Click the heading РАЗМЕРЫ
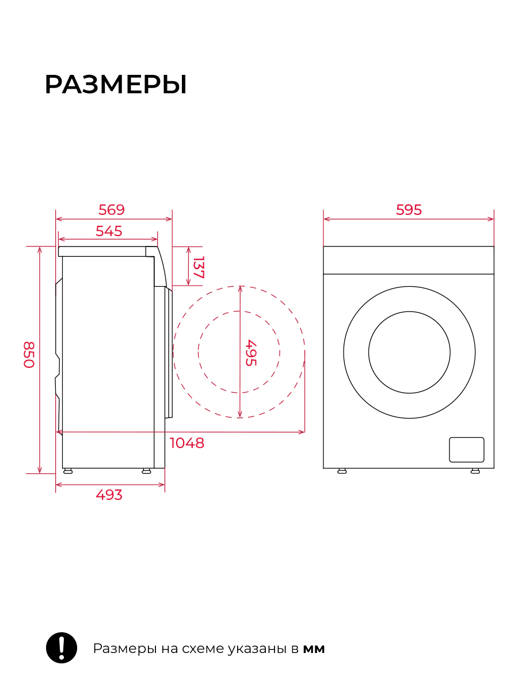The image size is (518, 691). (116, 85)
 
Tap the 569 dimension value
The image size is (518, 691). (111, 210)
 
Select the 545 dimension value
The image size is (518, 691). (109, 231)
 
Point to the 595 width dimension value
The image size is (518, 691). (409, 210)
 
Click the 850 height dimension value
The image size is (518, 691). (29, 355)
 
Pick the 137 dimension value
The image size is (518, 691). (199, 267)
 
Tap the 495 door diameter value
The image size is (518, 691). (251, 353)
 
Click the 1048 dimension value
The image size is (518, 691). (187, 443)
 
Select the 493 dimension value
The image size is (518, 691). (109, 495)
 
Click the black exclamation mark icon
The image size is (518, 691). (62, 648)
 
